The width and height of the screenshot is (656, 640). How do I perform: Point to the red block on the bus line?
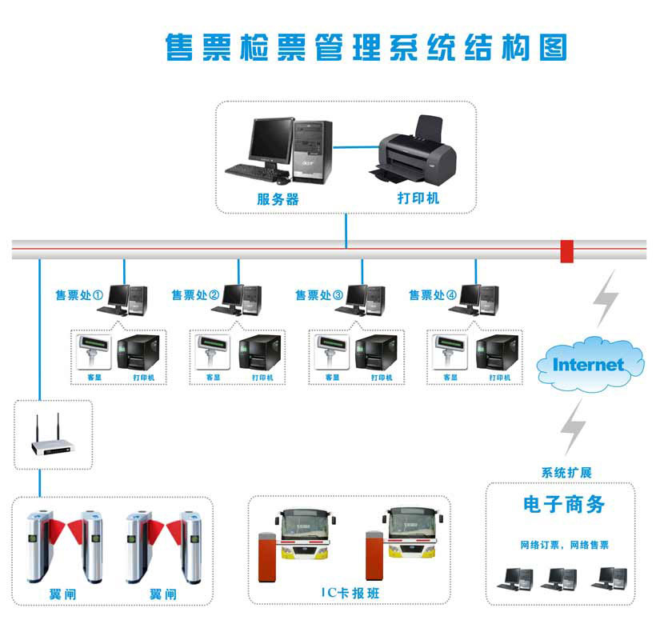point(567,250)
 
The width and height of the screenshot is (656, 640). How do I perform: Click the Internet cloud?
point(588,364)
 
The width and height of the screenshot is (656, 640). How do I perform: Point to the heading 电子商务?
point(564,504)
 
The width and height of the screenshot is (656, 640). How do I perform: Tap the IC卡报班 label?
point(349,593)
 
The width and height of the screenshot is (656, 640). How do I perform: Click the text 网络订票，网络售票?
point(564,545)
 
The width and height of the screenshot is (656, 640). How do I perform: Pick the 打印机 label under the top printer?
point(418,198)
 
